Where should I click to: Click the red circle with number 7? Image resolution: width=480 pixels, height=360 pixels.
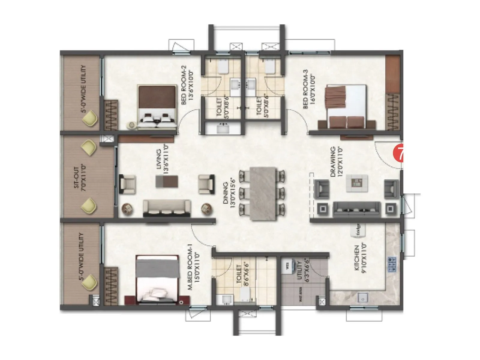click(x=398, y=153)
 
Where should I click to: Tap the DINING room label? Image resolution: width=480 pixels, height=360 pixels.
click(x=229, y=191)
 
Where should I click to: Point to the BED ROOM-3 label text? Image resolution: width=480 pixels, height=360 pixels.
click(x=309, y=89)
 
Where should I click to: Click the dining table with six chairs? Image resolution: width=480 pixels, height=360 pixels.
click(x=263, y=194)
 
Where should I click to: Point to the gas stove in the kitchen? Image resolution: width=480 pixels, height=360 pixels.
click(x=391, y=264)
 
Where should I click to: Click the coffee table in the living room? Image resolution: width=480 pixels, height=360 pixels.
click(x=166, y=181)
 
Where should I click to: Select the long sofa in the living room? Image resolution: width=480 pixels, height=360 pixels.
click(x=166, y=208)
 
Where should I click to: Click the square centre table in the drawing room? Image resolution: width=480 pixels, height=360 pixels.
click(x=357, y=183)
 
